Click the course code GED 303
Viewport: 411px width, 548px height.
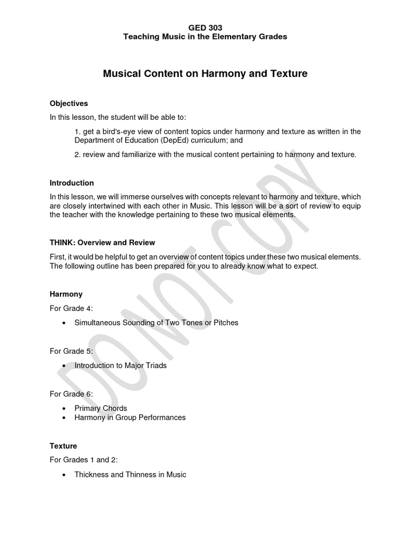[x=205, y=27]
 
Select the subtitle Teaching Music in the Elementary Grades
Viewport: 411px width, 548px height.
[x=205, y=36]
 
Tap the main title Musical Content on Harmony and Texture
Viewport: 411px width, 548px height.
[x=205, y=74]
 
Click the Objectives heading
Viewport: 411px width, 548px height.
[x=68, y=103]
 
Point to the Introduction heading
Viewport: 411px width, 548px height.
[x=72, y=182]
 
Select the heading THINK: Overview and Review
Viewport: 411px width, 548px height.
[x=102, y=242]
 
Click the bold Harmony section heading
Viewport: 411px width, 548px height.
[x=66, y=294]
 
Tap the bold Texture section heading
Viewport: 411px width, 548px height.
[x=63, y=446]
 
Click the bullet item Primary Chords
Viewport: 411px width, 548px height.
[x=101, y=408]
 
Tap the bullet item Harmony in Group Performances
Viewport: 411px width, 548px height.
[x=130, y=417]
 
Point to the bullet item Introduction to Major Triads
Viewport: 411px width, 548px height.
[x=120, y=366]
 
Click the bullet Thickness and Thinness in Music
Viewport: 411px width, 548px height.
[x=130, y=474]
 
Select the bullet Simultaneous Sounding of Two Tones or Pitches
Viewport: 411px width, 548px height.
[x=156, y=323]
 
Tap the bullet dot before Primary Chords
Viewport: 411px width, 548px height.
[x=64, y=409]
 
